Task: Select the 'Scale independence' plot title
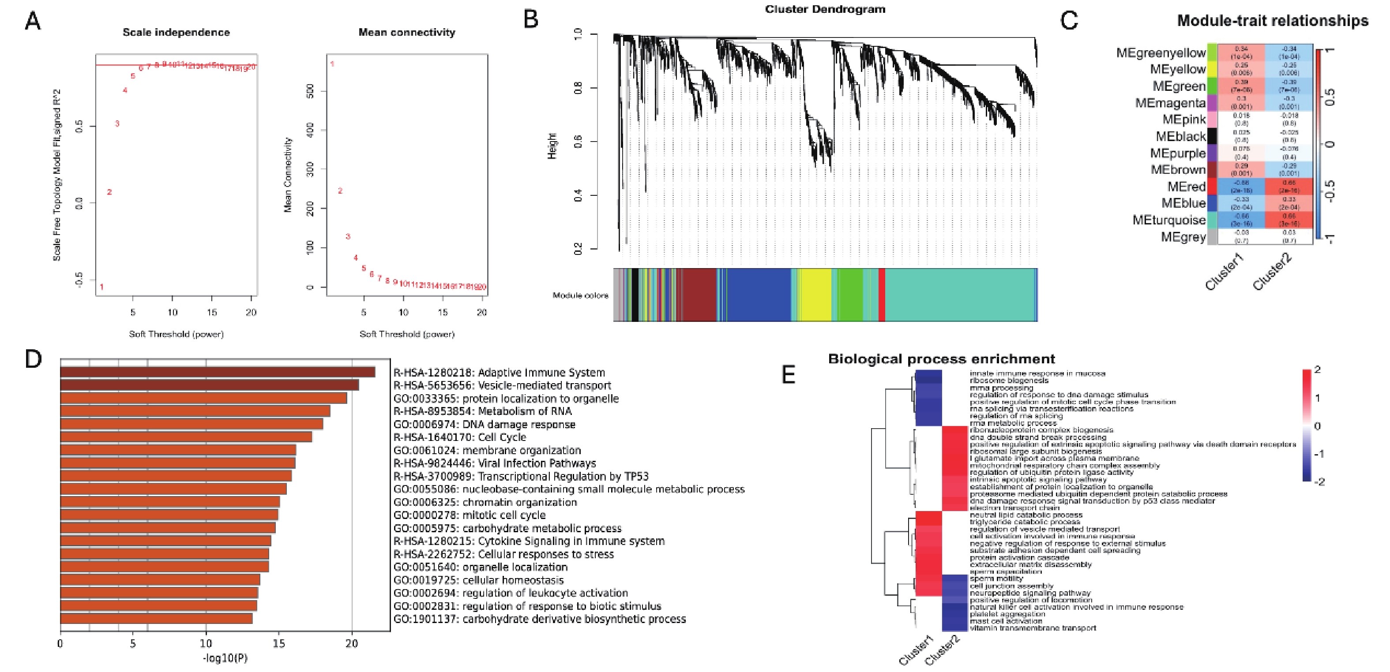point(176,32)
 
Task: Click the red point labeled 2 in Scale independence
point(109,192)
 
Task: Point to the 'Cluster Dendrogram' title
point(824,9)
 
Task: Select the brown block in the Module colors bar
point(699,295)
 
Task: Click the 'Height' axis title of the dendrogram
point(552,146)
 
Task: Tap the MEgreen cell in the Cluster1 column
point(1241,86)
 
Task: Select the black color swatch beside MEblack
point(1212,136)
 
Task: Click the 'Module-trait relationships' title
point(1272,20)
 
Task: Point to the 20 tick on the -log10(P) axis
point(352,643)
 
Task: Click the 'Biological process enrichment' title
point(941,359)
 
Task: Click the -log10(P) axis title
point(225,658)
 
